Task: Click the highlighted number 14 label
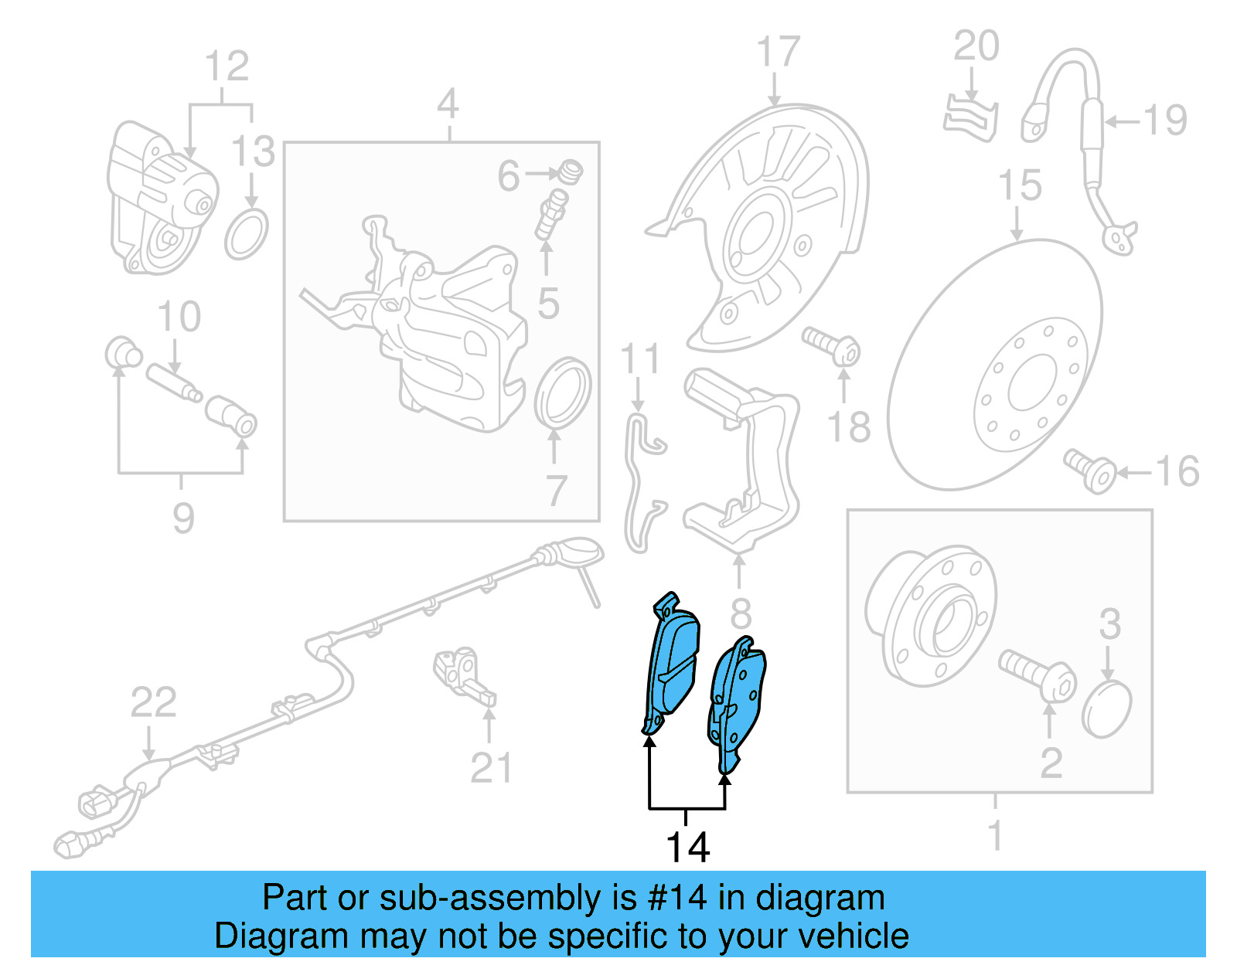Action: [x=687, y=848]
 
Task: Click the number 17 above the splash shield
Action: [x=777, y=53]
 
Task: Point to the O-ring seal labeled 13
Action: [x=247, y=233]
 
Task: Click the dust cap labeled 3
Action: [x=1107, y=708]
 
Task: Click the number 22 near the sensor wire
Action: [x=153, y=703]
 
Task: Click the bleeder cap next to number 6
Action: [x=571, y=171]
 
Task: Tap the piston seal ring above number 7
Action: [x=563, y=392]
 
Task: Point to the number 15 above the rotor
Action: [x=1019, y=186]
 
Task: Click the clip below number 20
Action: [x=969, y=120]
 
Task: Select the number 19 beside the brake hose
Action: [x=1164, y=121]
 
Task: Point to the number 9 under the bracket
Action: [x=183, y=518]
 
